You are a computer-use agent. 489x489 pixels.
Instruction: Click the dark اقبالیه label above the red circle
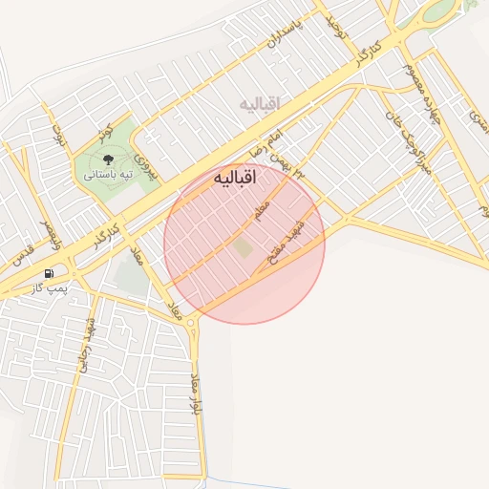234,179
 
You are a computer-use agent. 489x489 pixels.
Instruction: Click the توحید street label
337,27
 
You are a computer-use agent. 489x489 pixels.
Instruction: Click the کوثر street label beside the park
108,130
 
